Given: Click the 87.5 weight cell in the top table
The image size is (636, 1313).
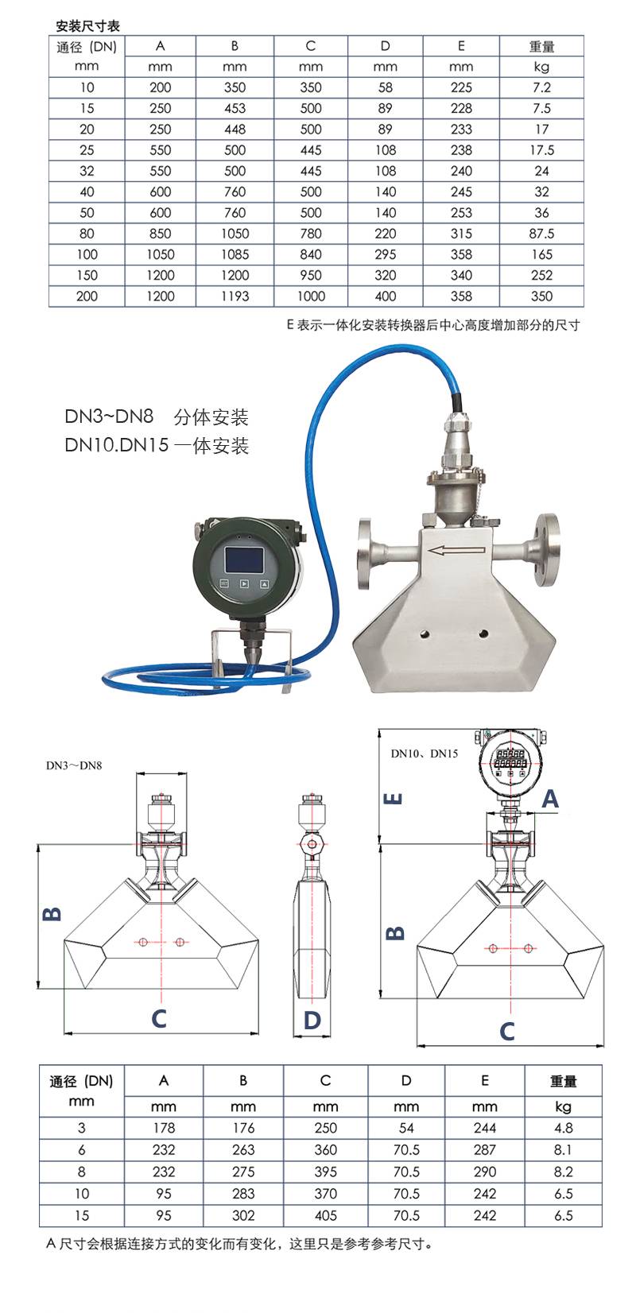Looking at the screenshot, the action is click(x=541, y=234).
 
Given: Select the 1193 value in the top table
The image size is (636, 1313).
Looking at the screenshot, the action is click(x=235, y=296).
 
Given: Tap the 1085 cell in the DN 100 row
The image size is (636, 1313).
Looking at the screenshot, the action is click(x=235, y=255).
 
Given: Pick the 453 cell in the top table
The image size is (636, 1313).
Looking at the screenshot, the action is click(x=235, y=109).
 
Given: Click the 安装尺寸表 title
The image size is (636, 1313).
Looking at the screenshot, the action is click(x=88, y=25).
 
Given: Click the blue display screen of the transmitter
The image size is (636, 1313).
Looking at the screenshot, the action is click(x=244, y=560).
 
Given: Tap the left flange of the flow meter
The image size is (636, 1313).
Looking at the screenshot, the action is click(x=365, y=552).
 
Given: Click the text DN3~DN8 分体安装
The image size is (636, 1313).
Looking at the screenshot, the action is click(x=157, y=416).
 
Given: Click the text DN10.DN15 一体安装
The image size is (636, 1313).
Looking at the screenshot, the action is click(x=157, y=445).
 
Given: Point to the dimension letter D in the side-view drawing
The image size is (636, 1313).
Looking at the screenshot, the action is click(x=312, y=1021).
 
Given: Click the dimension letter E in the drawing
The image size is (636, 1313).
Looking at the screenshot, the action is click(x=393, y=798).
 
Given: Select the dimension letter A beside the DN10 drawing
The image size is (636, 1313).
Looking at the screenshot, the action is click(x=550, y=799).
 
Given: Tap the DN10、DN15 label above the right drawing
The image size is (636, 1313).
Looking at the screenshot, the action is click(x=425, y=753).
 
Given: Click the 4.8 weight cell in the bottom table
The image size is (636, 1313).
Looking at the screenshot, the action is click(x=564, y=1129).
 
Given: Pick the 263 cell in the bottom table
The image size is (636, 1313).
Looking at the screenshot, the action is click(x=243, y=1150).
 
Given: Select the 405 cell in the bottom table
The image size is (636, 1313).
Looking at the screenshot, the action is click(x=325, y=1216).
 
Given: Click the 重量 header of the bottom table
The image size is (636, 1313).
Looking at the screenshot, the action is click(x=564, y=1081).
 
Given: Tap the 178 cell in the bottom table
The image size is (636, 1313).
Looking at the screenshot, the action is click(x=164, y=1129).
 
